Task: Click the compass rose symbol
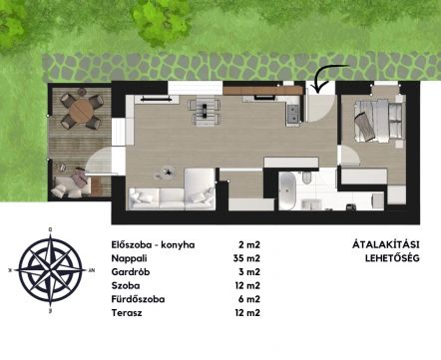50,270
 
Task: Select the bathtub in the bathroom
287,190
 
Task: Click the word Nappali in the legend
129,258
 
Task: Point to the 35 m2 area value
246,258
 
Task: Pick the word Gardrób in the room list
131,272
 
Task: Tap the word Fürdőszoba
138,299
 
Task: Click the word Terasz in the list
127,313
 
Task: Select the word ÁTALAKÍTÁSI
385,244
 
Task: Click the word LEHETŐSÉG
392,258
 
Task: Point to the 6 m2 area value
249,299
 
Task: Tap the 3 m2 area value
249,272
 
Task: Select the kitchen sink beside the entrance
293,114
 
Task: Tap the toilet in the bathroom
306,178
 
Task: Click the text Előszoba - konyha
153,245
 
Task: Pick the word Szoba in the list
126,286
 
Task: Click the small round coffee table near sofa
167,172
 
